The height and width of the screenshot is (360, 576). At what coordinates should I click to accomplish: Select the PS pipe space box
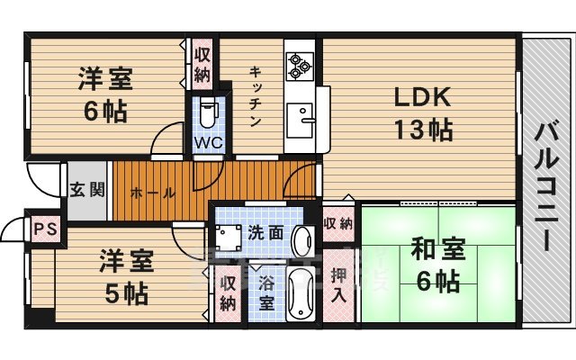[43, 229]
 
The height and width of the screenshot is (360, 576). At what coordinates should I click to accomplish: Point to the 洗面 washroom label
[266, 232]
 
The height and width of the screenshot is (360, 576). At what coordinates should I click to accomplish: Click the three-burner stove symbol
[299, 63]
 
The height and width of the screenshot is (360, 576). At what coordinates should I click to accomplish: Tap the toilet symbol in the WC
[208, 112]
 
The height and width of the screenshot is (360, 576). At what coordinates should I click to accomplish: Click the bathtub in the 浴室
[298, 292]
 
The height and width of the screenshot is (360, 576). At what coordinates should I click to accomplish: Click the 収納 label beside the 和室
[338, 222]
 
